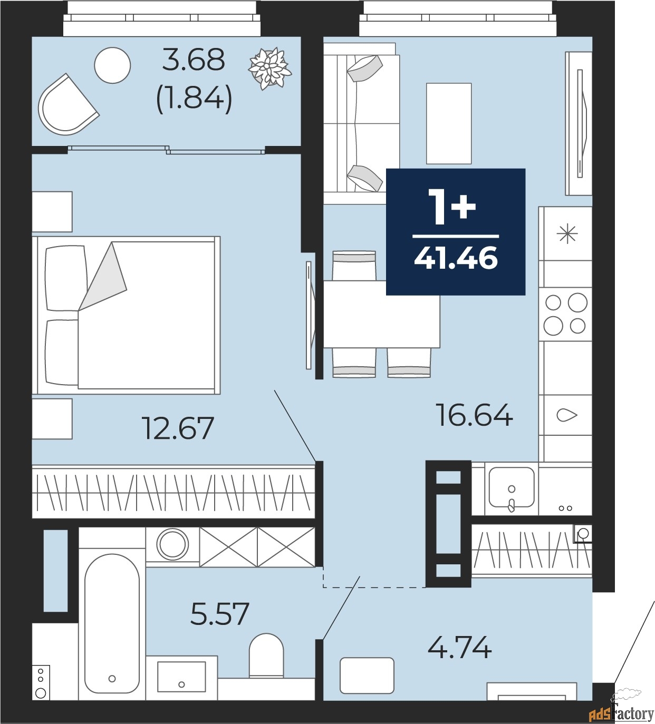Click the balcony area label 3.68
point(193,60)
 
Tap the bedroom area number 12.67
point(178,428)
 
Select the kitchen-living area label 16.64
point(474,415)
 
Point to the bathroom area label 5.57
point(219,614)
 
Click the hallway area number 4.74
point(459,648)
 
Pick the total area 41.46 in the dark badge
point(456,258)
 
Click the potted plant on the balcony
point(269,68)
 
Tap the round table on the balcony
point(112,65)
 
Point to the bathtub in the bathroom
point(112,623)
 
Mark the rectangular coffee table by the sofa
point(449,123)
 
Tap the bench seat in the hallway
point(367,676)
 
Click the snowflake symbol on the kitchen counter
point(567,233)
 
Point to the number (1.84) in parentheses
point(194,98)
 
